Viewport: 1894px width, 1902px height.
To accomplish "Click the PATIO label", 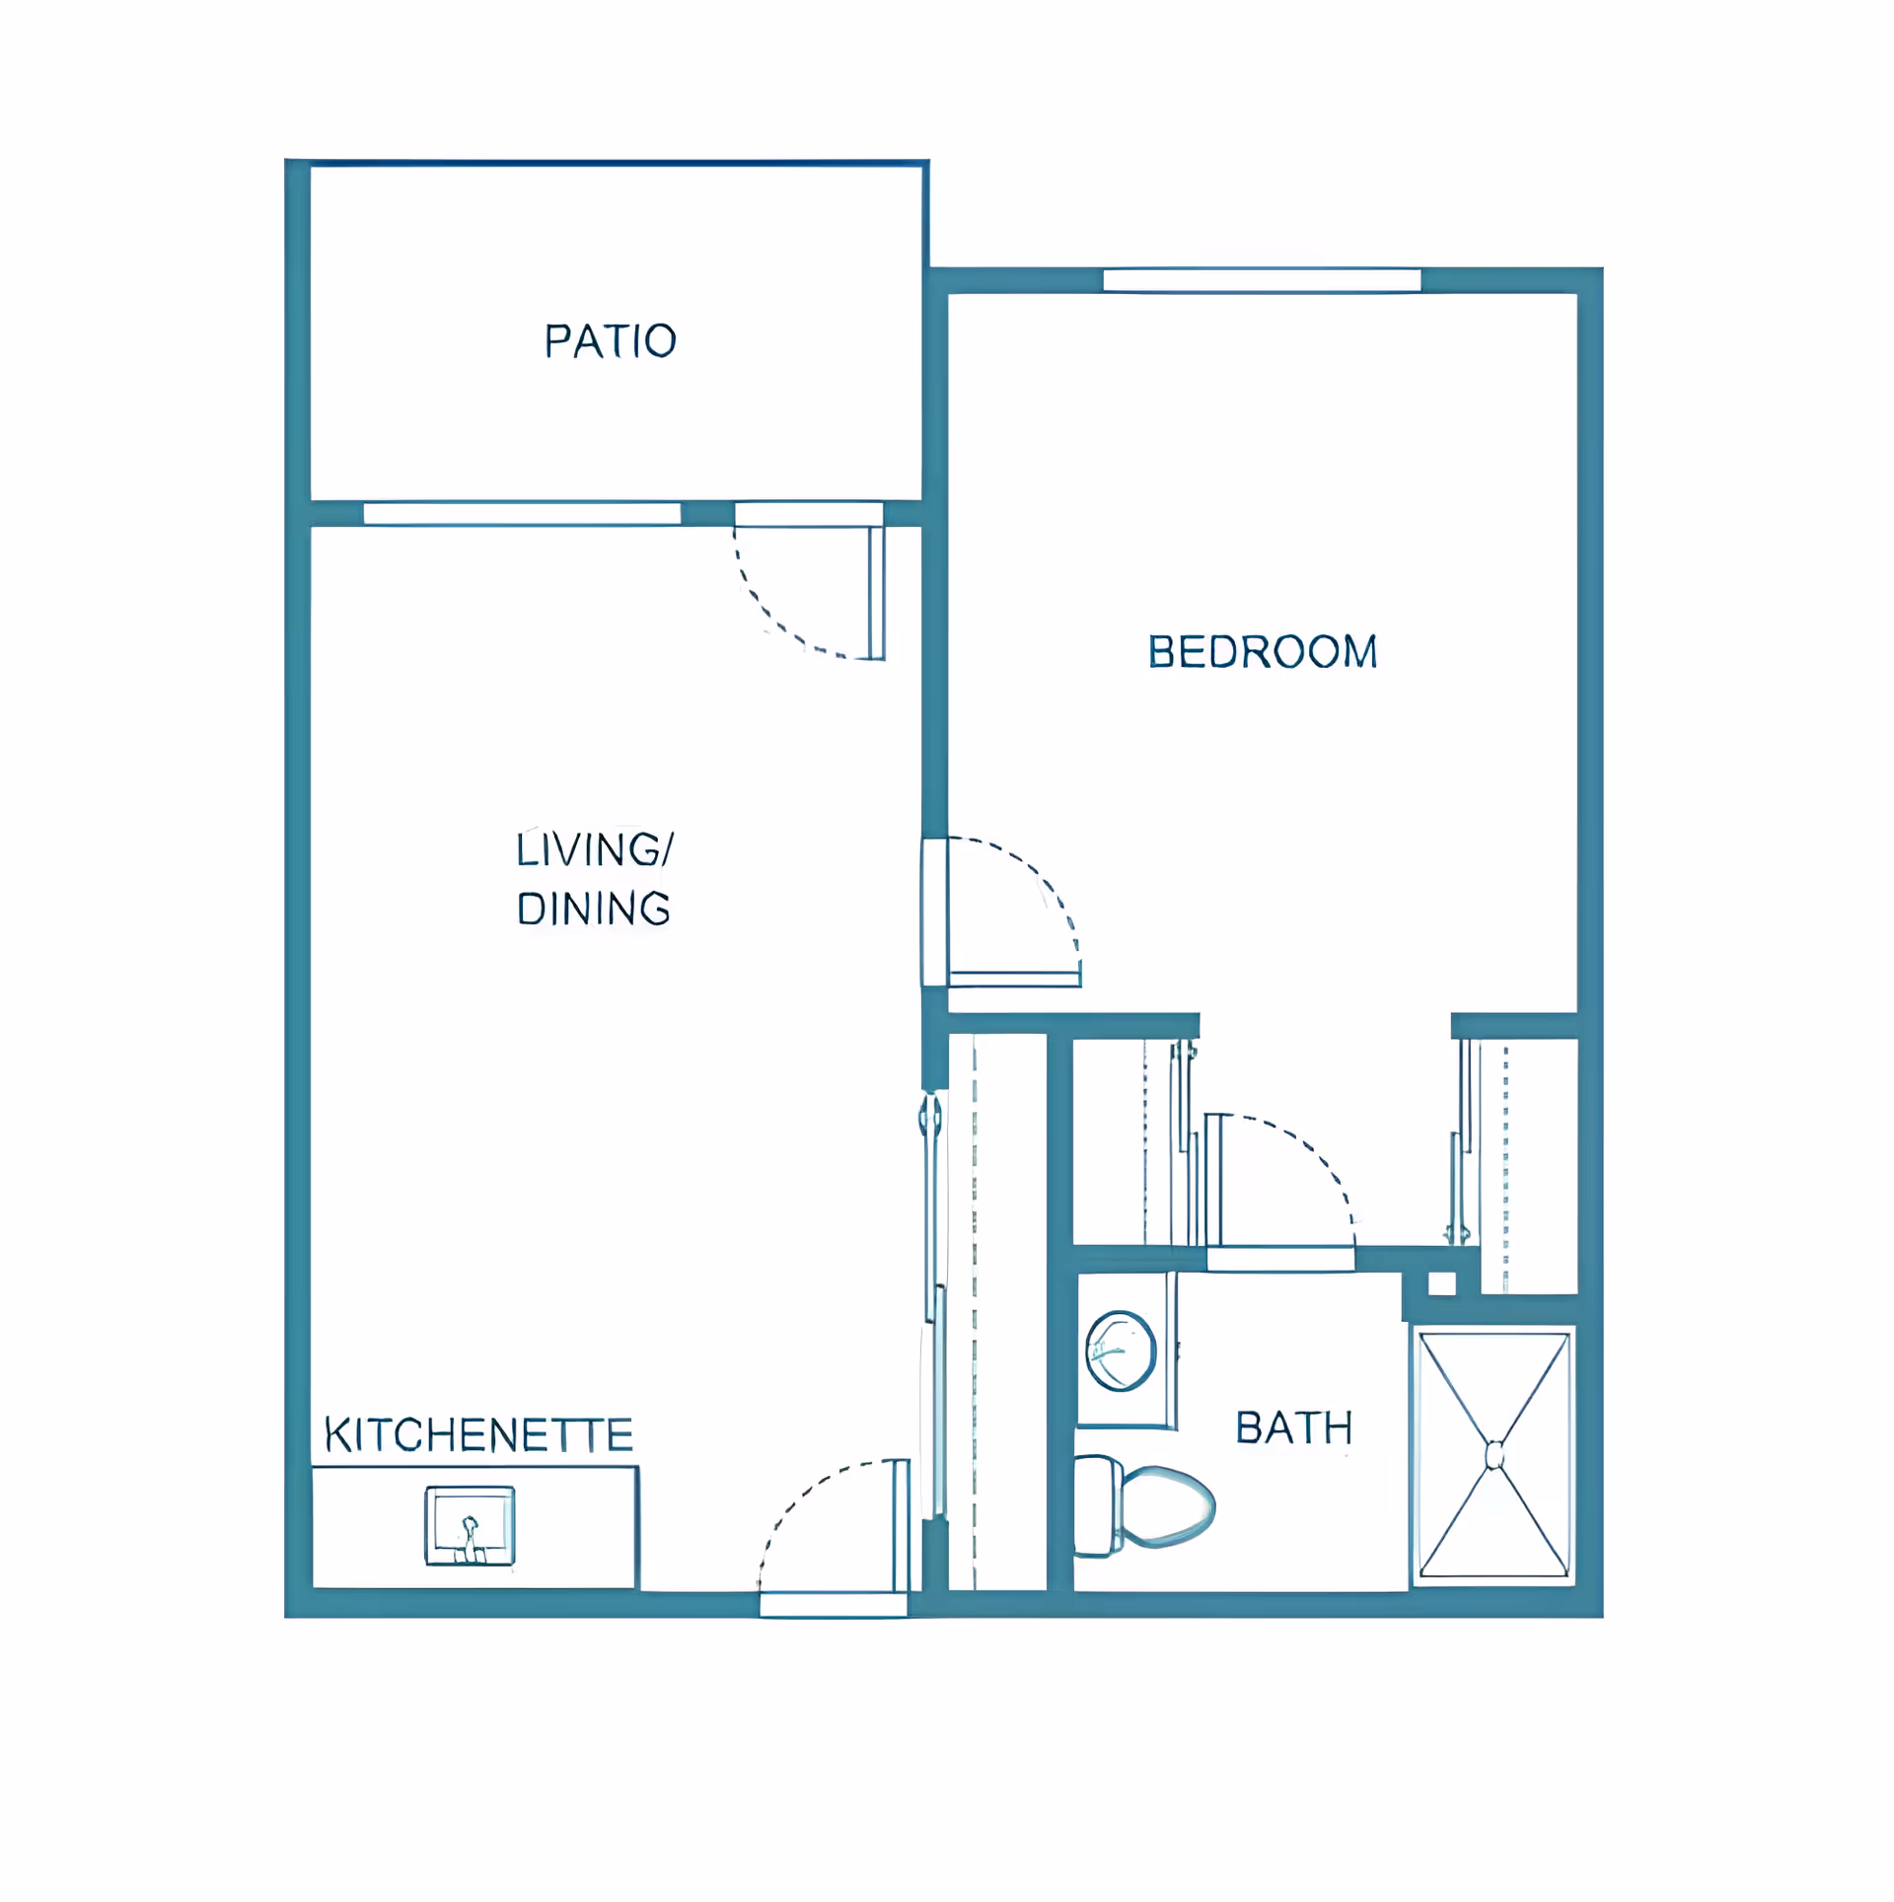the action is [611, 341].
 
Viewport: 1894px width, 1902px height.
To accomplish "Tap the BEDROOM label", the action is [1263, 652].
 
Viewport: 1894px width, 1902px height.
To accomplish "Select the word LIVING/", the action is [595, 849].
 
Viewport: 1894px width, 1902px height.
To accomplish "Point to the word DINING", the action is [594, 910].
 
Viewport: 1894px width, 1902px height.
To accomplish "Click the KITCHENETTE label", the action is [479, 1436].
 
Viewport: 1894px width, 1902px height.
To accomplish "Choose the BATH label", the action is [1294, 1428].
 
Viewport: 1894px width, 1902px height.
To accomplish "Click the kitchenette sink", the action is [470, 1525].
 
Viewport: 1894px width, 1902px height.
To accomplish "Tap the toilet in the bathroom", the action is [1144, 1506].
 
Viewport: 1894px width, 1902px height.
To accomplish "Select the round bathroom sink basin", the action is [1121, 1351].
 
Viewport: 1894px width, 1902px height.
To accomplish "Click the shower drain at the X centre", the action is [1494, 1455].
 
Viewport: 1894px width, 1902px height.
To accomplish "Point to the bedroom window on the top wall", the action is [1262, 280].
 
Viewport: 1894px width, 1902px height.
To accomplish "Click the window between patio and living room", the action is [522, 513].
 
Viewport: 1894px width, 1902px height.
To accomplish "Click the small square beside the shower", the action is [1442, 1283].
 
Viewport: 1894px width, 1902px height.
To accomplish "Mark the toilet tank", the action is [1097, 1506].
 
